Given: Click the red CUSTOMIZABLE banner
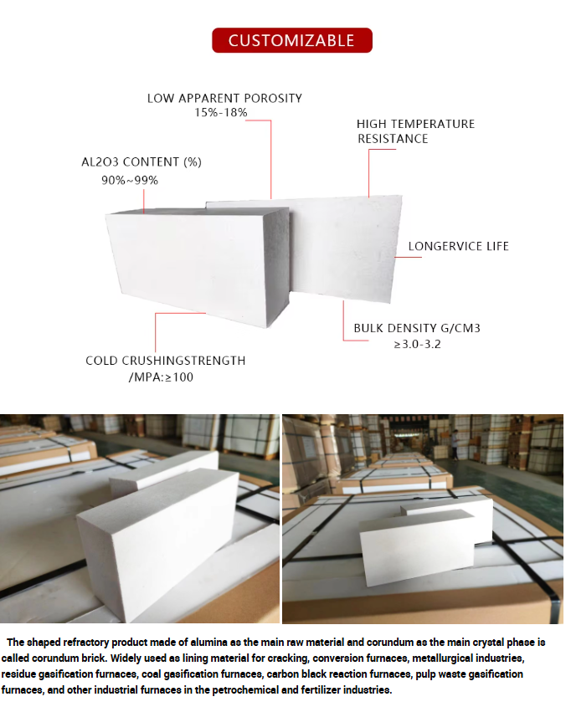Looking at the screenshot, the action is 292,40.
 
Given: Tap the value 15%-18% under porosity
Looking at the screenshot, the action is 221,112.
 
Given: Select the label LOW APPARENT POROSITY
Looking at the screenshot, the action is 224,98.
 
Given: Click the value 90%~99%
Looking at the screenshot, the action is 130,181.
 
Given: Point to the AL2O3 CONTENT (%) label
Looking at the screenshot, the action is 141,161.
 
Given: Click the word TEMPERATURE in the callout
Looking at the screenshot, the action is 433,124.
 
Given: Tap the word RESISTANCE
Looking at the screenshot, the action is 393,138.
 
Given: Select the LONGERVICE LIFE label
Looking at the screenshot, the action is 458,246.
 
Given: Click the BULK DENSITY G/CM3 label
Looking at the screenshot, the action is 417,328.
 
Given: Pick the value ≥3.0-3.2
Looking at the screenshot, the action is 417,344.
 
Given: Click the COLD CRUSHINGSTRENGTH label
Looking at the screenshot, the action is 166,361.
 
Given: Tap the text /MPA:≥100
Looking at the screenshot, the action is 161,377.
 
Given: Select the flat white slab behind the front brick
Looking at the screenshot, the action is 345,248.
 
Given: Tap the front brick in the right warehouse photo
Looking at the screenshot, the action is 417,546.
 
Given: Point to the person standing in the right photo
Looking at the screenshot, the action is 455,443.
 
